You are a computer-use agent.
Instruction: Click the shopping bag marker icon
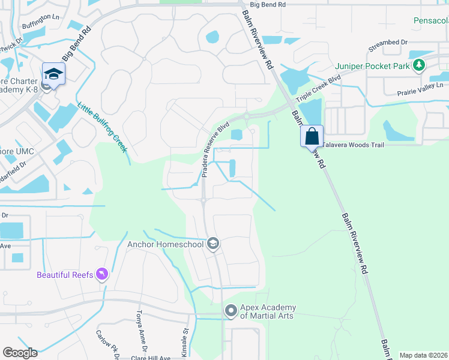click(312, 136)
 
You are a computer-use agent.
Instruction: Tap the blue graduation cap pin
click(53, 74)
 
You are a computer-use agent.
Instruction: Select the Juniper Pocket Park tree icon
click(418, 65)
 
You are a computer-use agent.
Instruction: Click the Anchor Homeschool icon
click(212, 244)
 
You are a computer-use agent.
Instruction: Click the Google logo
click(20, 353)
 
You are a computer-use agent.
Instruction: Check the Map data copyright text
click(423, 355)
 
